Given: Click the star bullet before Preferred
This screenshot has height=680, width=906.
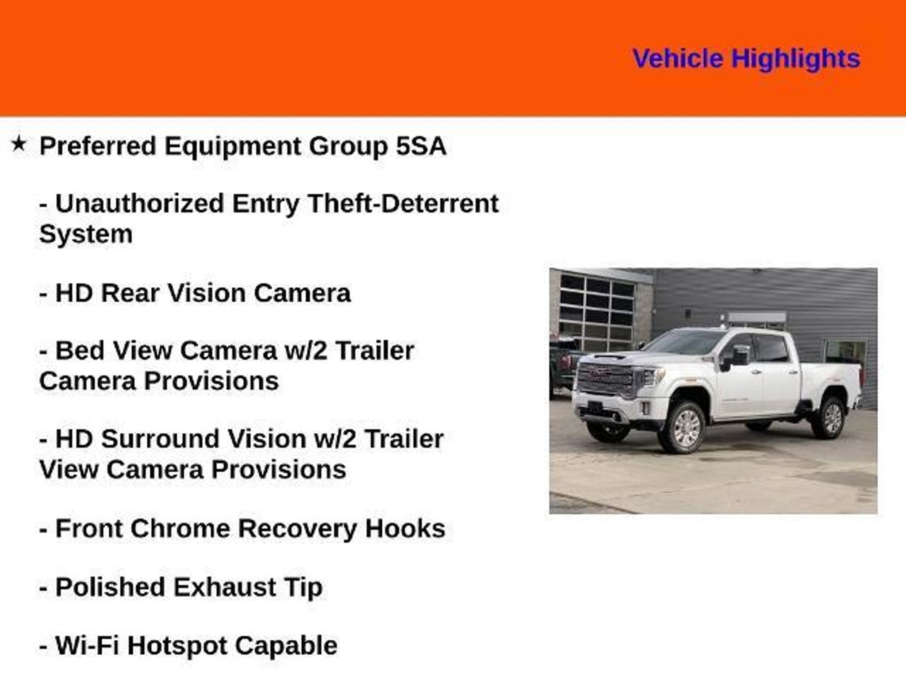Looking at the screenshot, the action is (19, 143).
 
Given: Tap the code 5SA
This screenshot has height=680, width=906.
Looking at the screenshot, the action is (421, 146).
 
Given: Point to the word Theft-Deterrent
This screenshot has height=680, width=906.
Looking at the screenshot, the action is (403, 204).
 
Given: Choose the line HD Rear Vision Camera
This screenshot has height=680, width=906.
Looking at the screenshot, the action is (195, 293).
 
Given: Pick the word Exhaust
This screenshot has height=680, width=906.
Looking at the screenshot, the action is (225, 587).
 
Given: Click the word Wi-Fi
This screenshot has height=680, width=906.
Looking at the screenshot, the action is (87, 645).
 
